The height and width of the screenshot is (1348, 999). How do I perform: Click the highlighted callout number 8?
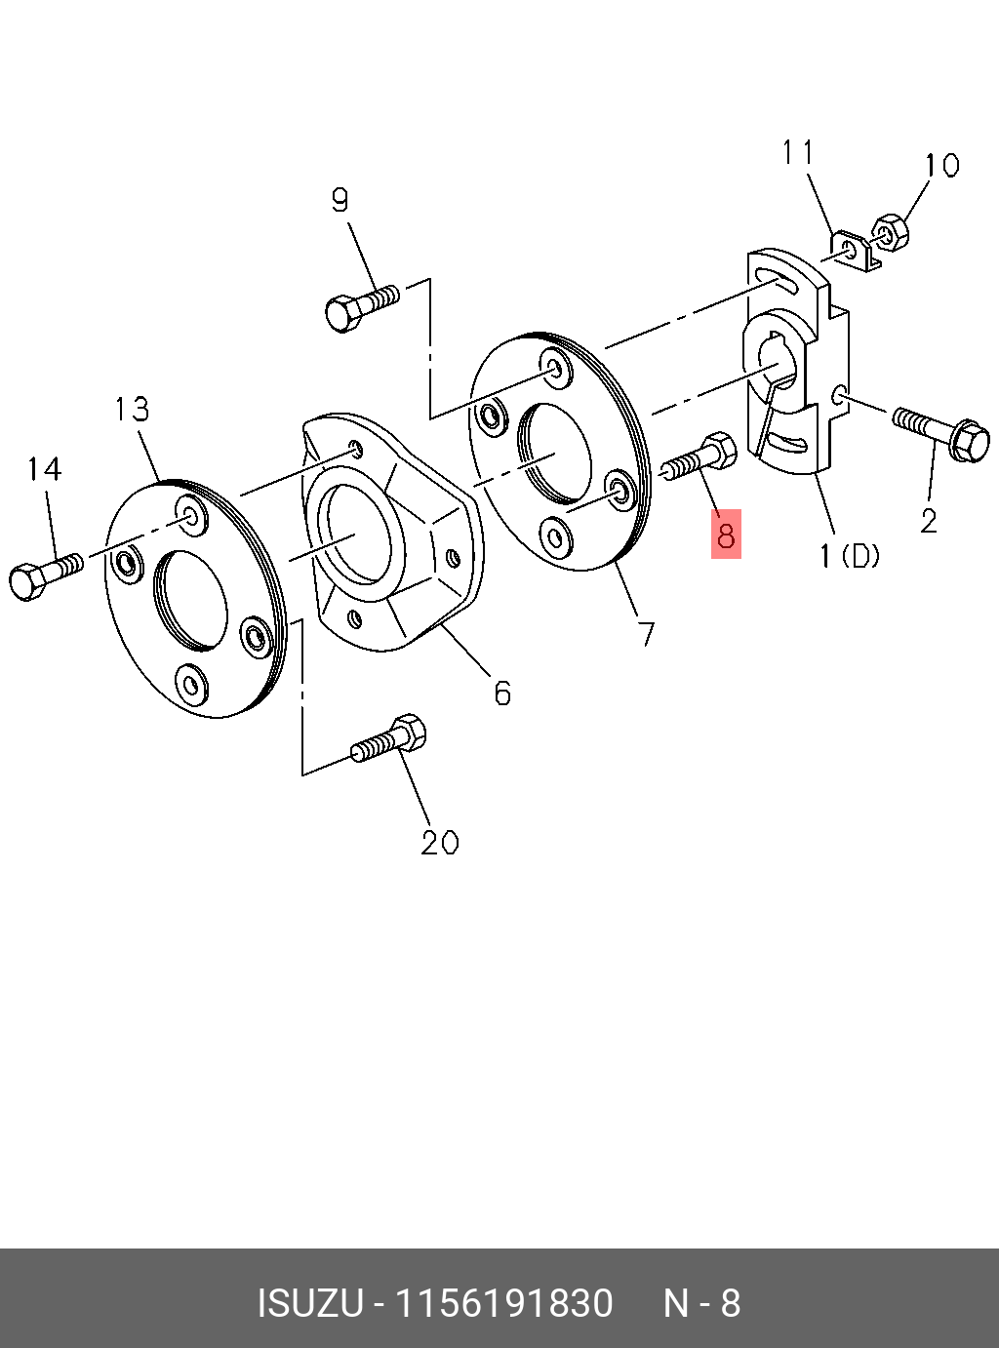tap(726, 535)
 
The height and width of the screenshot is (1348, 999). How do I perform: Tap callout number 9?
tap(339, 200)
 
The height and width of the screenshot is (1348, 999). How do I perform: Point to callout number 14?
tap(43, 469)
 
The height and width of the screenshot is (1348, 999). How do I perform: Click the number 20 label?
tap(439, 842)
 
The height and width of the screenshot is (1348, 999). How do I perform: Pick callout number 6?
tap(502, 693)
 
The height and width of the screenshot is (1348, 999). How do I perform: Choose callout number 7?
tap(646, 634)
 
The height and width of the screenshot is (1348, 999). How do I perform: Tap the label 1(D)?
tap(849, 556)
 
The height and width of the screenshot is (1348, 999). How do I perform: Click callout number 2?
tap(928, 521)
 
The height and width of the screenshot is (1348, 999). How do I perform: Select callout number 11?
tap(797, 153)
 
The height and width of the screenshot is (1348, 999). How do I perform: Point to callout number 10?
tap(941, 166)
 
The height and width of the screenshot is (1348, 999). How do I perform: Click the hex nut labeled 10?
tap(891, 232)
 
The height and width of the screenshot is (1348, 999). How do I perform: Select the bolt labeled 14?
tap(45, 575)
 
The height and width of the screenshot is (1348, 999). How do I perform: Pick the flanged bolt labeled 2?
tap(941, 434)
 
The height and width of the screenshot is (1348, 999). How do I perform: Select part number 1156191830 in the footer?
tap(502, 1303)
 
